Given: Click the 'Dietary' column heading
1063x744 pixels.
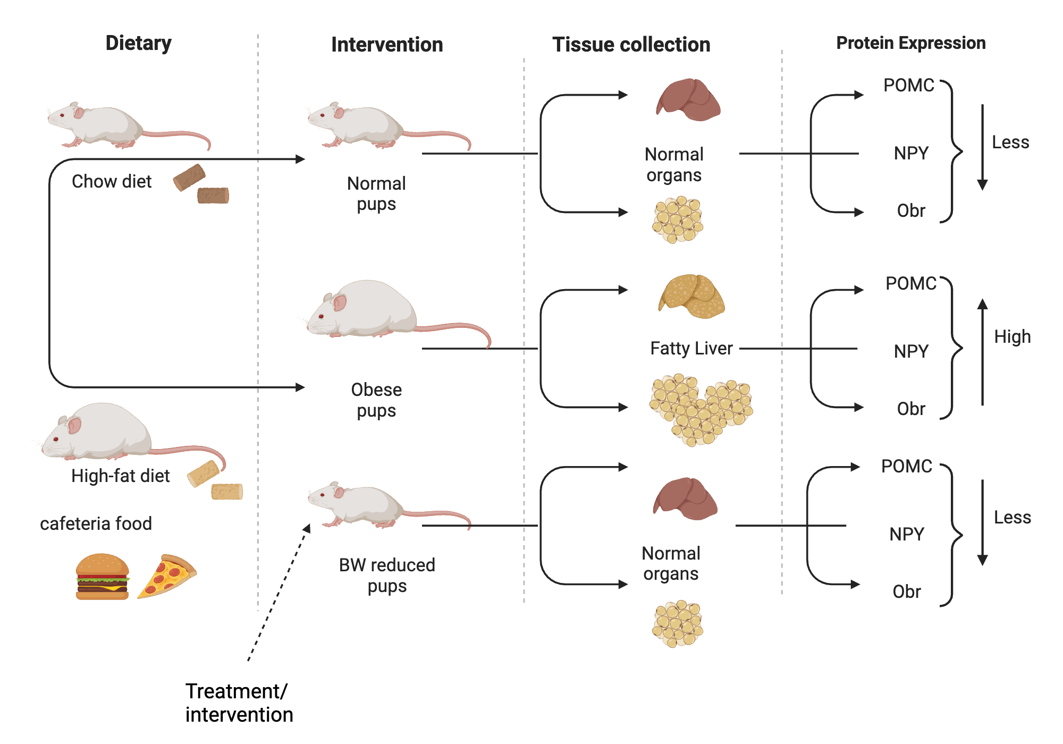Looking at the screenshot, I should [x=138, y=43].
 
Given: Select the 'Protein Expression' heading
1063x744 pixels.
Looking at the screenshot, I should [x=910, y=43].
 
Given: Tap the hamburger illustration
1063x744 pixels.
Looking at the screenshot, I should [x=103, y=577].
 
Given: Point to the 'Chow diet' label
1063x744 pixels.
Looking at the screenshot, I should [x=112, y=182].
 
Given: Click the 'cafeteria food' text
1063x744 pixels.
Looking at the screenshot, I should [x=96, y=523].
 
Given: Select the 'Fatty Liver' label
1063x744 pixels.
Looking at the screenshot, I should [x=691, y=349].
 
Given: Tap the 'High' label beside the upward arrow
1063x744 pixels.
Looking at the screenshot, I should [x=1012, y=337].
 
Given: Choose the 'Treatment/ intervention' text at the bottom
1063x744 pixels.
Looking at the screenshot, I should [x=239, y=703].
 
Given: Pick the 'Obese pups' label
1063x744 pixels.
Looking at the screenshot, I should [x=376, y=400].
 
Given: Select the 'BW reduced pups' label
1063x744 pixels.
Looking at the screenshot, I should [x=387, y=575].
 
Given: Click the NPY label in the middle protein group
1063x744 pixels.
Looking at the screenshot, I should [x=911, y=351].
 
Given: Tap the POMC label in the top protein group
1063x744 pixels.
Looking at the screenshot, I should [x=908, y=86].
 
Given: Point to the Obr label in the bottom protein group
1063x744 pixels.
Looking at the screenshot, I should [x=906, y=591].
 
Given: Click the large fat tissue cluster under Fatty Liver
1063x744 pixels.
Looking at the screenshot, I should [x=701, y=408].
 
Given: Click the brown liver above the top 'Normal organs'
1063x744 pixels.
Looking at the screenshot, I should [x=688, y=99].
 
